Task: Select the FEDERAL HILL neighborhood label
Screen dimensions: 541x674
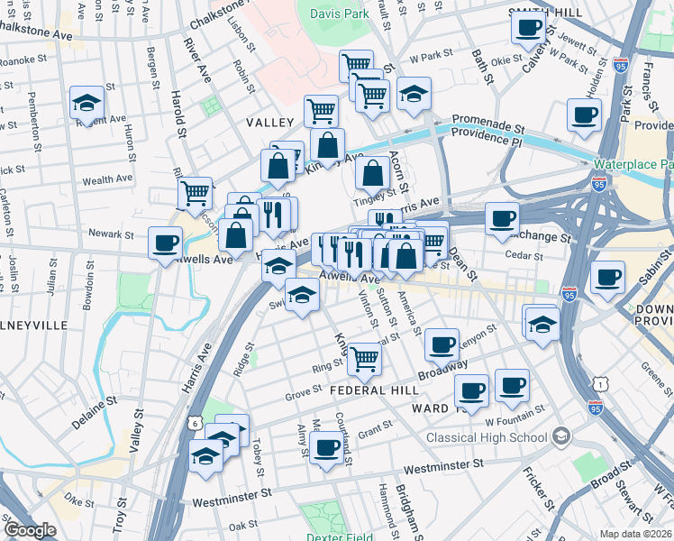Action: [x=374, y=390]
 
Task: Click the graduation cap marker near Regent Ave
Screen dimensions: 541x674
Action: [x=87, y=103]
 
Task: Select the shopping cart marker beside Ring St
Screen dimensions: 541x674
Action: [x=364, y=357]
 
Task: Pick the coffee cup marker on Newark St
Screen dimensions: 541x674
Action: [x=166, y=243]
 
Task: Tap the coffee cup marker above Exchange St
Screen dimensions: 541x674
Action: [x=502, y=217]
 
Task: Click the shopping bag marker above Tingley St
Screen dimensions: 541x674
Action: [x=372, y=172]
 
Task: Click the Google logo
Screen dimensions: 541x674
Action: [x=30, y=529]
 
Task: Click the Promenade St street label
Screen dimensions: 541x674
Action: [x=488, y=119]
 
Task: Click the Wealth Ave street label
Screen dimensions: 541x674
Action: [x=108, y=180]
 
